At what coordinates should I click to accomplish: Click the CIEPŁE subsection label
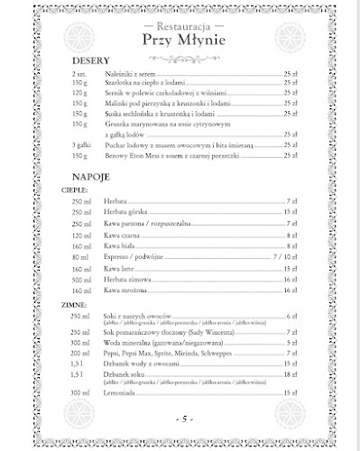pyautogui.click(x=74, y=192)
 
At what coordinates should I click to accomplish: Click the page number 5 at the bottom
pyautogui.click(x=181, y=420)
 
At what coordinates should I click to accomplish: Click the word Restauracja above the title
pyautogui.click(x=183, y=26)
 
